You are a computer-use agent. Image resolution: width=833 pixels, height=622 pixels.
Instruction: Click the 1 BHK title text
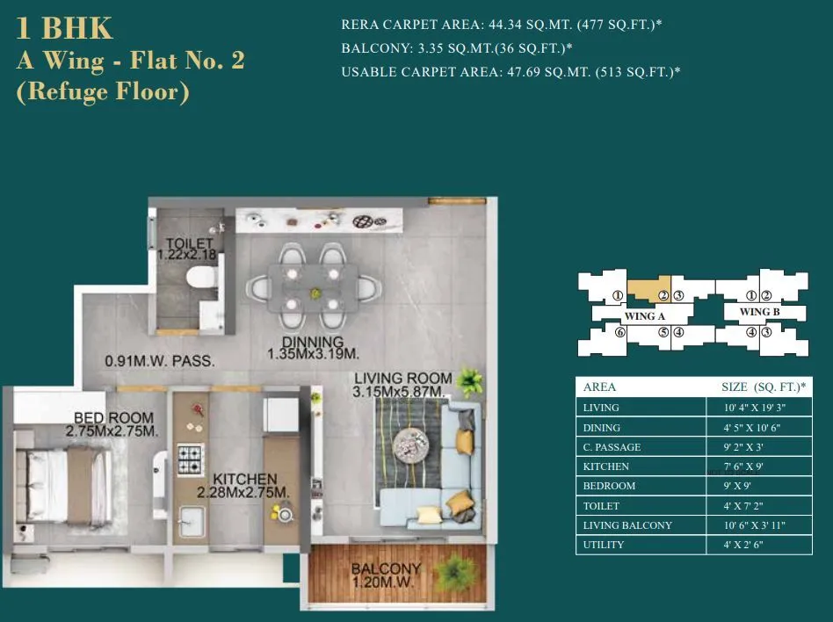point(65,28)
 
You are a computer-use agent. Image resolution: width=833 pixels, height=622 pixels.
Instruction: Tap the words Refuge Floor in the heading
point(103,92)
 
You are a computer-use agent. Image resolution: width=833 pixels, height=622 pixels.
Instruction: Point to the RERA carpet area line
point(501,25)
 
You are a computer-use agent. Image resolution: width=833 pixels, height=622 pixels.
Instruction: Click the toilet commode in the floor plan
point(199,278)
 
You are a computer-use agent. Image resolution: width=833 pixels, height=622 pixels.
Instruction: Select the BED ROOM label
point(113,418)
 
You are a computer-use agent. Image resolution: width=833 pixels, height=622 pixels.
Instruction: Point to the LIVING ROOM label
point(402,379)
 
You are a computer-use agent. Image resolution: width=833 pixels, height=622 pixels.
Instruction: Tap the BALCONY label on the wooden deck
point(386,569)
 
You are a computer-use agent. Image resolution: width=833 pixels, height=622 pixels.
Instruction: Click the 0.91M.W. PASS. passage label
point(160,361)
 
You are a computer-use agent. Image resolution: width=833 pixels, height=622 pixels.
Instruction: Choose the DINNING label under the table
point(312,342)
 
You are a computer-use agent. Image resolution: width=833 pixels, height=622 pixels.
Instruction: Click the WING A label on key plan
point(644,315)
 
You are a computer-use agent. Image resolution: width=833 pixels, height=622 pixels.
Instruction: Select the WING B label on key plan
point(759,312)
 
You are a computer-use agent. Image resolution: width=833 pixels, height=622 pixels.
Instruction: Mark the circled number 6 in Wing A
point(619,332)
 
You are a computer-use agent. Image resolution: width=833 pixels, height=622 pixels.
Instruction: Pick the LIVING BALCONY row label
point(627,525)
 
